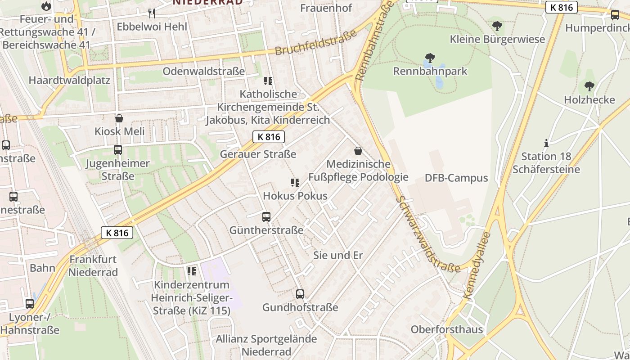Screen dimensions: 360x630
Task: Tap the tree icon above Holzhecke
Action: pos(589,86)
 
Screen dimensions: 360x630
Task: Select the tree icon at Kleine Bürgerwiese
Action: pos(497,26)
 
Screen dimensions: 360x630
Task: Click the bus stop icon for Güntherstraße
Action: pos(266,217)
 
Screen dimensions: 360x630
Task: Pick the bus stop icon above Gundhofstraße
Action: pos(300,294)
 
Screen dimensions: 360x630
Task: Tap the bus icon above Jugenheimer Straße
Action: pos(118,150)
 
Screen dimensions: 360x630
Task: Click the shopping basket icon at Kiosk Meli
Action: pos(119,118)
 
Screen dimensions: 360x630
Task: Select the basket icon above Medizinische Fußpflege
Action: pos(358,151)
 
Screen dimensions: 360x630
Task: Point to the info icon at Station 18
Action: pos(546,143)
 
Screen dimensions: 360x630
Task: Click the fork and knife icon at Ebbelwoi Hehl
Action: pos(152,13)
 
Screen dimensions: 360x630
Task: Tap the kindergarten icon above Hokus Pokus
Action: pos(295,183)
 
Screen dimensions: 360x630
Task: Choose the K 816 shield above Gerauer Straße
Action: pos(269,137)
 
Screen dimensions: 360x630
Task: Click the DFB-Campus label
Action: pos(456,178)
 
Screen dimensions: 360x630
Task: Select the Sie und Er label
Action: pos(337,255)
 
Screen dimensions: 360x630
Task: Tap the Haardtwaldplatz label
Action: pos(69,80)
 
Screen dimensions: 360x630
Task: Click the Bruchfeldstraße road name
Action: pos(315,43)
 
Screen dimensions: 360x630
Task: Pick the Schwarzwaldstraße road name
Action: pos(428,234)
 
